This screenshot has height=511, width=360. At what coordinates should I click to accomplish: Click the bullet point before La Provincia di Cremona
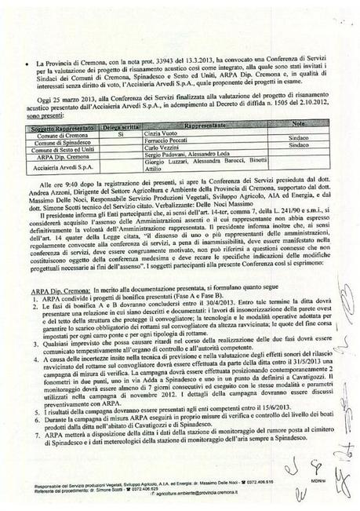click(x=29, y=60)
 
